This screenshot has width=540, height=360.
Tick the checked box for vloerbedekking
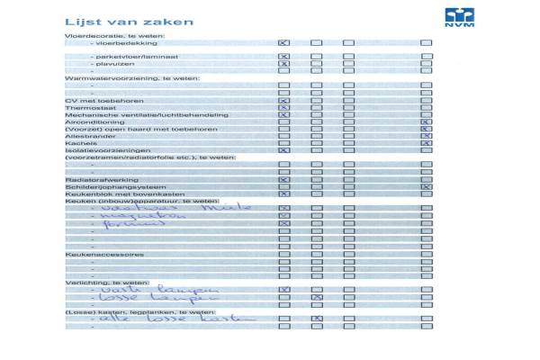tap(283, 43)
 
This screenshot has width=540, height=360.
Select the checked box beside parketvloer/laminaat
tap(283, 57)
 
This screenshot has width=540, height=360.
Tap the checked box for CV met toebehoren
tap(283, 100)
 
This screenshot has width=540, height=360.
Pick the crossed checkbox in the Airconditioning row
tap(427, 122)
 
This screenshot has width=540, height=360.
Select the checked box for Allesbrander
tap(427, 136)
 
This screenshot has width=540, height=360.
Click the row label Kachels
tap(78, 143)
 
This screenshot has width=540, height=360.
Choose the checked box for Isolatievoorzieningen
tap(283, 150)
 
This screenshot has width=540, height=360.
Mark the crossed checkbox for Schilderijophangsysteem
tap(427, 186)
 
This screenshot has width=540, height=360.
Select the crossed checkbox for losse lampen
tap(317, 297)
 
